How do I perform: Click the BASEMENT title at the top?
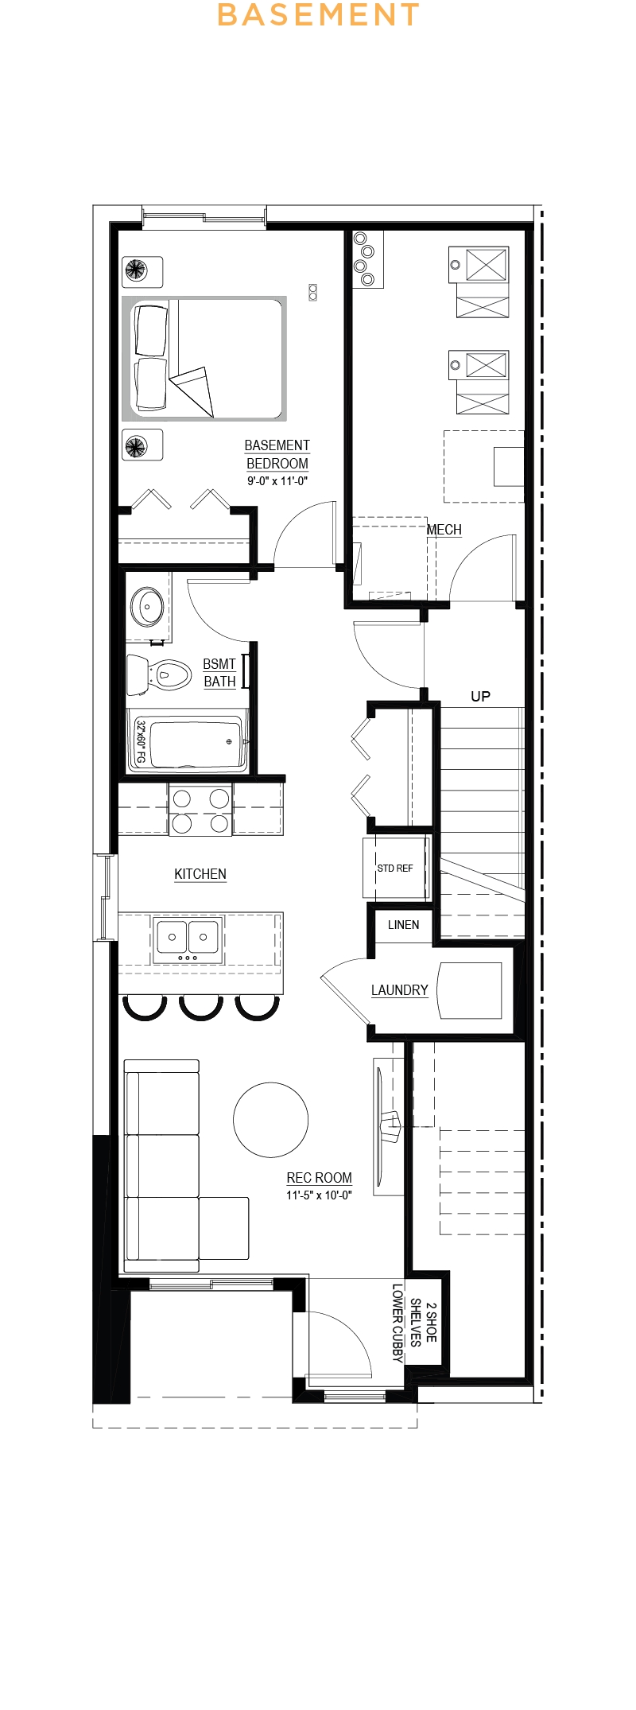[x=318, y=15]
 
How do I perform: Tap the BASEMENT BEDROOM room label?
[x=277, y=454]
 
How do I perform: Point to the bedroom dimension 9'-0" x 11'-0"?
[x=277, y=481]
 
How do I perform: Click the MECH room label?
[x=444, y=530]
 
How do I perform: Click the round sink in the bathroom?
[x=147, y=608]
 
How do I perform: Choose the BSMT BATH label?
[x=219, y=673]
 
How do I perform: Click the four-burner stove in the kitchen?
[x=200, y=810]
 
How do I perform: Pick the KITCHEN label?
[x=200, y=874]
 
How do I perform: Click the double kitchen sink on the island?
[x=188, y=938]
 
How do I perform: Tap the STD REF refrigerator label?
[x=395, y=869]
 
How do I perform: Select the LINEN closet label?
[x=403, y=925]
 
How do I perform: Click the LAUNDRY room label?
[x=399, y=990]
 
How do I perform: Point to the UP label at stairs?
[x=480, y=697]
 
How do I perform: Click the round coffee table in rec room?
[x=271, y=1120]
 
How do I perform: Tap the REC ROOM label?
[x=319, y=1178]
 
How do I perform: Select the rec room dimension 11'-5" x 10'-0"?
[x=319, y=1195]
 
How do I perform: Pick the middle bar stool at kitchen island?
[x=201, y=1007]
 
